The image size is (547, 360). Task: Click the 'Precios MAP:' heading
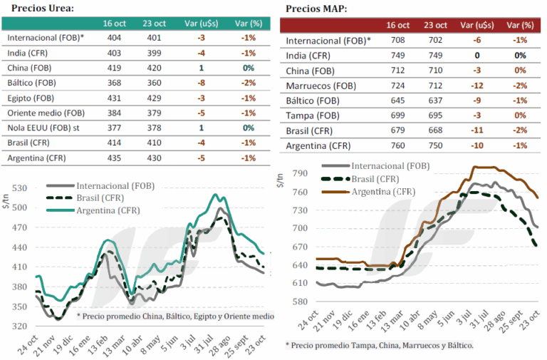[x=318, y=8]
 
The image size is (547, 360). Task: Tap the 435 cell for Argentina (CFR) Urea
[x=114, y=158]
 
